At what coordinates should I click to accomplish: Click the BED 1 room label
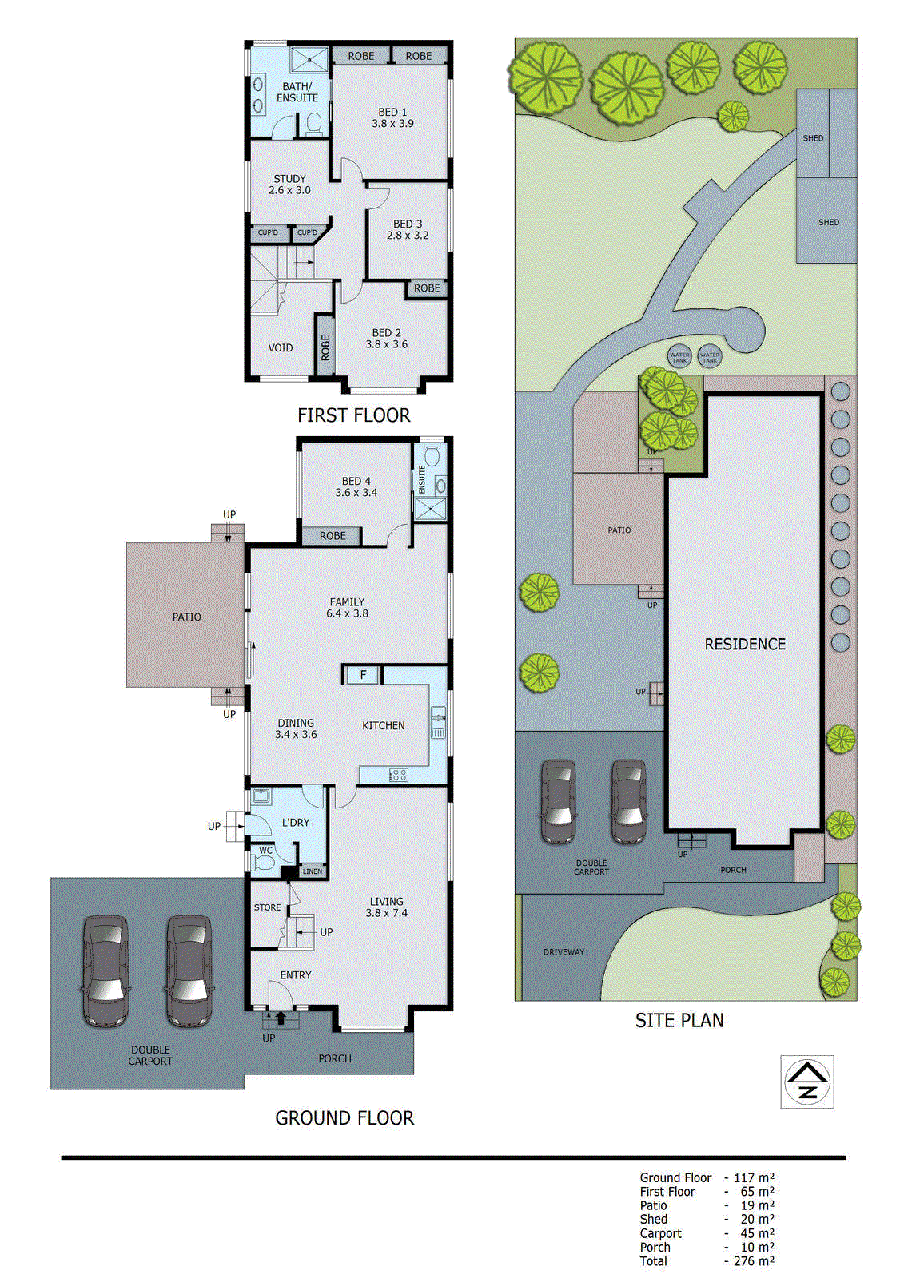click(392, 117)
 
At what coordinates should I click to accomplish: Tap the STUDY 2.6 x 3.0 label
click(289, 185)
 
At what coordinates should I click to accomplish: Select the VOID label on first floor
click(280, 348)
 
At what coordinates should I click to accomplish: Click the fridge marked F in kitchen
click(363, 675)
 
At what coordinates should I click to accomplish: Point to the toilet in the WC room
click(264, 863)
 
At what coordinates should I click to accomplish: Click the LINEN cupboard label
click(313, 871)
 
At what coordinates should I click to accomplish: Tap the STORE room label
click(267, 907)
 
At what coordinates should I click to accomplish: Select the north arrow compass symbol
click(807, 1082)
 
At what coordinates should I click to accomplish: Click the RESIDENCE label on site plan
click(744, 644)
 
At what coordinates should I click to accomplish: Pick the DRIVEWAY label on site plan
click(564, 952)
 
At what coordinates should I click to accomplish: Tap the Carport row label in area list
click(660, 1233)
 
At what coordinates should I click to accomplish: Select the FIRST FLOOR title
click(353, 415)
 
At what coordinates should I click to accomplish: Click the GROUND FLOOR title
click(344, 1118)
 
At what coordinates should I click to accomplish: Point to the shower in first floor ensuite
click(309, 60)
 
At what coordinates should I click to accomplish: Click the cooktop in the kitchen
click(398, 774)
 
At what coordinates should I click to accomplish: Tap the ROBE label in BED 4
click(333, 536)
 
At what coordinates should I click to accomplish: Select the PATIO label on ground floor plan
click(186, 617)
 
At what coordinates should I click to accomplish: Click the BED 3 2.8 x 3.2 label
click(408, 230)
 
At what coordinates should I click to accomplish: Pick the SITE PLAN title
click(679, 1021)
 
